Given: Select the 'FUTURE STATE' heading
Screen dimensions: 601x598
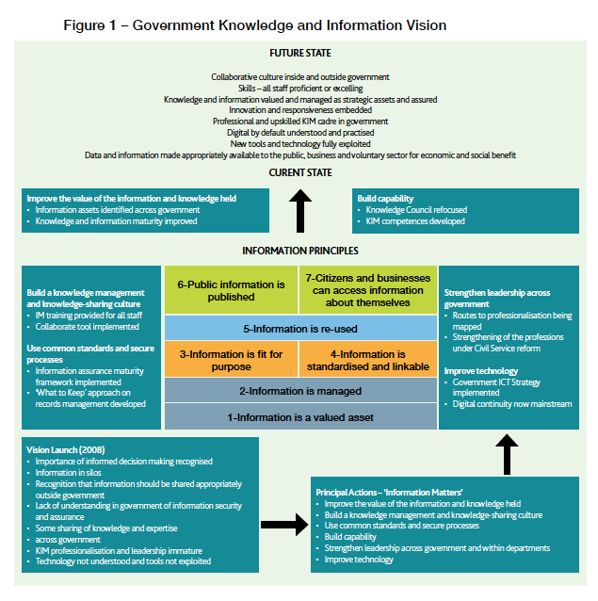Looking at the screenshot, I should tap(299, 54).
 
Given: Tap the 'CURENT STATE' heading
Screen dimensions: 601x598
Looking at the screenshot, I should tap(299, 172).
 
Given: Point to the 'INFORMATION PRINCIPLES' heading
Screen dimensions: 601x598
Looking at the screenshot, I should tap(299, 251).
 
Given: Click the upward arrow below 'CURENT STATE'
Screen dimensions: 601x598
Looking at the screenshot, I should tap(299, 209).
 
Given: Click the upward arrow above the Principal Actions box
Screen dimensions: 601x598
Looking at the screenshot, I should tap(508, 453).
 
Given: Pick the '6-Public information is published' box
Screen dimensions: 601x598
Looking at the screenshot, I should tap(232, 289).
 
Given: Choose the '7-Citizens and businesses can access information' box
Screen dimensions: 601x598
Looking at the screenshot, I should tap(368, 289).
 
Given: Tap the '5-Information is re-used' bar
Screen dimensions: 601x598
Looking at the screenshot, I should tap(299, 328).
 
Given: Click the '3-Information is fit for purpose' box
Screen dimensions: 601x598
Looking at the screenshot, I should tap(232, 359).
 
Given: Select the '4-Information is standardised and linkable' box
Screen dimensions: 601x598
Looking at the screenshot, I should tap(368, 359).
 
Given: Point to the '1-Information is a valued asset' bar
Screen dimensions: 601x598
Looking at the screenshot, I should tap(299, 415).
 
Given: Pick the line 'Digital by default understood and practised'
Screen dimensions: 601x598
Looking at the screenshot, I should tap(299, 133).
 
